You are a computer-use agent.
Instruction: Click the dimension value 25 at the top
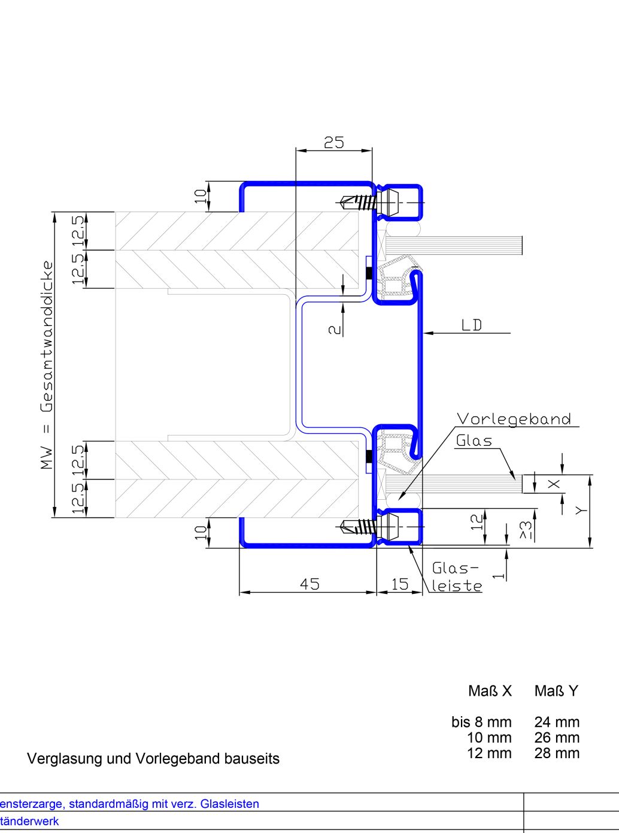click(x=334, y=143)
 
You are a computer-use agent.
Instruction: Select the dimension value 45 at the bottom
click(x=309, y=584)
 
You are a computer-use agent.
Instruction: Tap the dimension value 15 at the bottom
click(x=399, y=584)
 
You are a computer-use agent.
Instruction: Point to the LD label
click(x=472, y=325)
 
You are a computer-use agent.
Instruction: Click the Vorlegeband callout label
click(x=514, y=419)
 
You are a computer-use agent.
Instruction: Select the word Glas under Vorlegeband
click(x=474, y=441)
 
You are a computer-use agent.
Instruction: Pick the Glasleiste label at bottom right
click(x=456, y=577)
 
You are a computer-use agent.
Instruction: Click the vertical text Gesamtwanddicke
click(x=47, y=336)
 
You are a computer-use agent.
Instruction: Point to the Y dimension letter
click(x=580, y=510)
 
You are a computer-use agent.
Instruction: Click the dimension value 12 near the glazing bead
click(x=477, y=521)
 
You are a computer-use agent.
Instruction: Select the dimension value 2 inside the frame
click(x=335, y=330)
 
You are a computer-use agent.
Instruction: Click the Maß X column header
click(x=490, y=691)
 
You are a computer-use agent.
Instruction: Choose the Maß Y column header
click(x=556, y=691)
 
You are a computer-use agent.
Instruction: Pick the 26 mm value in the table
click(x=557, y=738)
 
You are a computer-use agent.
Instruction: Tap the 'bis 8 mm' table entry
click(x=481, y=722)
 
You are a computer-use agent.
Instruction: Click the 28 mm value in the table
click(x=557, y=753)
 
